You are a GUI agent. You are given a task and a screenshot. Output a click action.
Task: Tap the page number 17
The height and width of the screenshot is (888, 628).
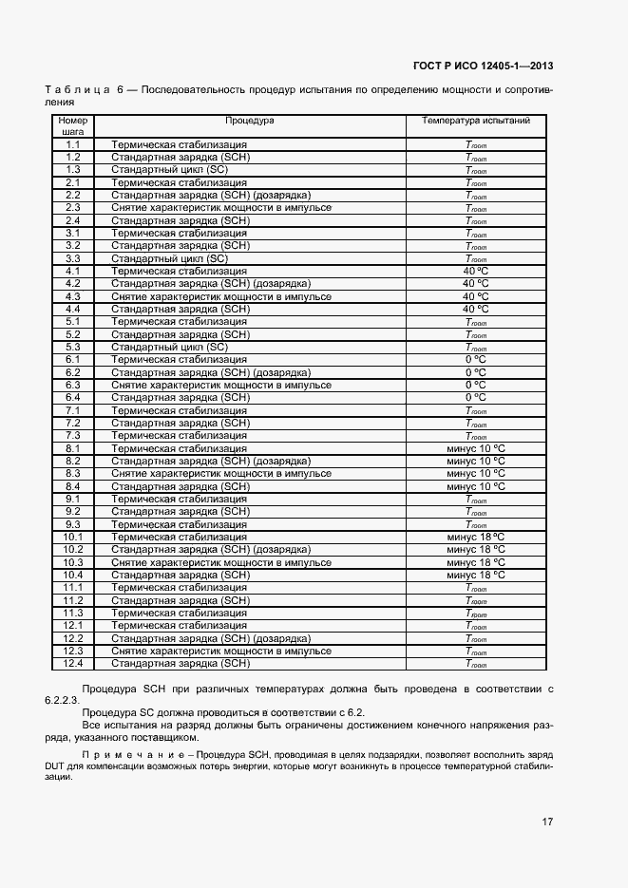547,821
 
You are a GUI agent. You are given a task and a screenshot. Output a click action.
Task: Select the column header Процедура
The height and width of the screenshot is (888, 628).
249,122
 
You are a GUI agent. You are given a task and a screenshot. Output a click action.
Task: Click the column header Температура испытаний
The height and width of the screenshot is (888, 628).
476,122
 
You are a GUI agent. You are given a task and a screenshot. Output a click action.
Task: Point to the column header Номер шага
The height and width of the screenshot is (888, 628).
73,127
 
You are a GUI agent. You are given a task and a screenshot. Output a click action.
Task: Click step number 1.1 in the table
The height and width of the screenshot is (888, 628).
73,144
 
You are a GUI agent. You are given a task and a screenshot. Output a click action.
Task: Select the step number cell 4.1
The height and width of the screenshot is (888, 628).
73,271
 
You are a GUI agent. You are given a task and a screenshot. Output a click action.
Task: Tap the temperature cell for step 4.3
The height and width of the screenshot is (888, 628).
476,296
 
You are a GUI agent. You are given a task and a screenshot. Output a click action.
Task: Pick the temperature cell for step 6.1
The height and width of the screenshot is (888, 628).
476,360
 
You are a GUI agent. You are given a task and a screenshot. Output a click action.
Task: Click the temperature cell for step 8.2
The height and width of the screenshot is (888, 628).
476,461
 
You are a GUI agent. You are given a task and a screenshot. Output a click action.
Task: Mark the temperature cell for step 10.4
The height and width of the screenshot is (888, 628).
476,575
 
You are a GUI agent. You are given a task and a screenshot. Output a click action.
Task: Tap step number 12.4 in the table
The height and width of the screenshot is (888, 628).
73,663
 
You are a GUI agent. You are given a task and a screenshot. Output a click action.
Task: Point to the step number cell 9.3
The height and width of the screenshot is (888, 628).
73,524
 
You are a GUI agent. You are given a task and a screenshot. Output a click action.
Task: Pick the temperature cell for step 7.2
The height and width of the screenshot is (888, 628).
476,423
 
